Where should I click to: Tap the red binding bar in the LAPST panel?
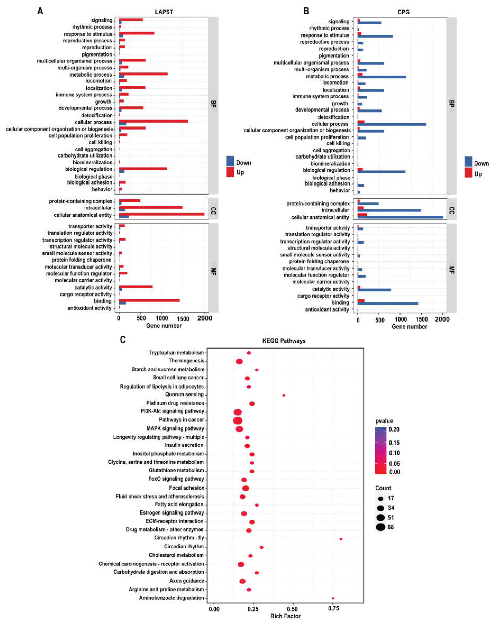tap(149, 300)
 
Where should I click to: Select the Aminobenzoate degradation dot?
tap(333, 598)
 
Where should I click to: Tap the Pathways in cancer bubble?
tap(238, 420)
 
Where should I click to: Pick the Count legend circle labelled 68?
tap(380, 527)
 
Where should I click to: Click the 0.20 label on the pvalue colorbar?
tap(394, 429)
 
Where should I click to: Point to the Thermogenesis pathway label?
tap(186, 361)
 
